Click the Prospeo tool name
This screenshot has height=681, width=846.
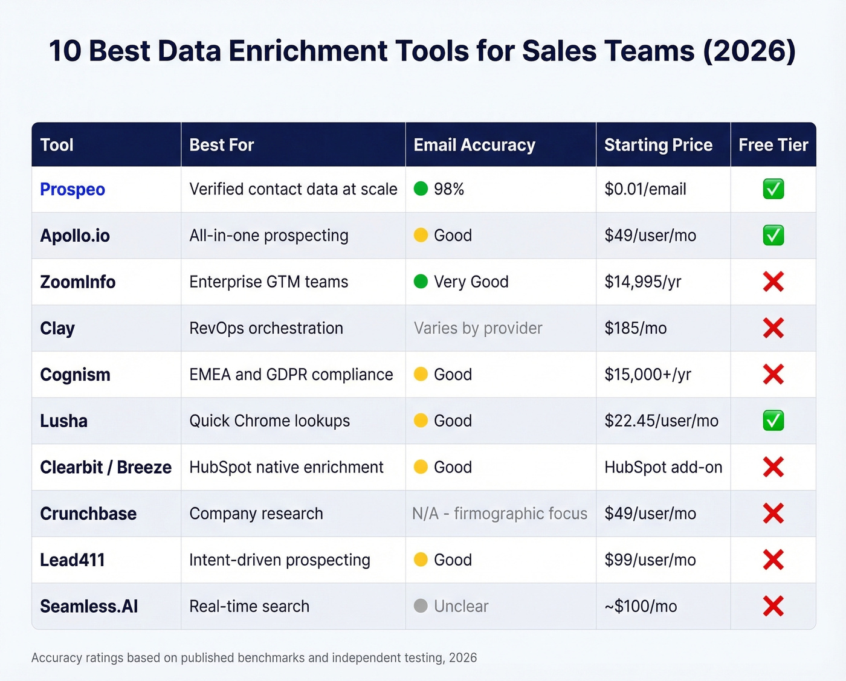pyautogui.click(x=73, y=189)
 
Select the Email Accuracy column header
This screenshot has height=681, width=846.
pyautogui.click(x=474, y=145)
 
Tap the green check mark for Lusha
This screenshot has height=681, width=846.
pyautogui.click(x=773, y=421)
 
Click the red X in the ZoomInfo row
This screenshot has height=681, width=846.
pyautogui.click(x=773, y=282)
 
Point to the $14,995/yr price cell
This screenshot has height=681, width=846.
pyautogui.click(x=642, y=282)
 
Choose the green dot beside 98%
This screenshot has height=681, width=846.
pyautogui.click(x=421, y=189)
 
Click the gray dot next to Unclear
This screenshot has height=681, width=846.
pyautogui.click(x=421, y=606)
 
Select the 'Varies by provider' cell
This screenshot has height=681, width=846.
pyautogui.click(x=478, y=328)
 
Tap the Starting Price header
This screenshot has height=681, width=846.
pyautogui.click(x=658, y=145)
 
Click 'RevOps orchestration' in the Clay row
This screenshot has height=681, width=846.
pyautogui.click(x=266, y=328)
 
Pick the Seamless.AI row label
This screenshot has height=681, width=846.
pyautogui.click(x=89, y=606)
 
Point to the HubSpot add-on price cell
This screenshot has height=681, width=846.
pyautogui.click(x=663, y=467)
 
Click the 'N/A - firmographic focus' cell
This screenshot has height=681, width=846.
pyautogui.click(x=500, y=514)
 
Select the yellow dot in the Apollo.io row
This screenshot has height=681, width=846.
pyautogui.click(x=421, y=236)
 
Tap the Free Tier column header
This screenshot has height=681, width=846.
pyautogui.click(x=773, y=145)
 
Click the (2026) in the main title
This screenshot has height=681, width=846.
pyautogui.click(x=749, y=51)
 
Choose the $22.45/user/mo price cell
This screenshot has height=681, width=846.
pyautogui.click(x=661, y=421)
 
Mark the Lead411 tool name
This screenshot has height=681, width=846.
pyautogui.click(x=73, y=560)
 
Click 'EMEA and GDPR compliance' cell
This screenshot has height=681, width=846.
pyautogui.click(x=291, y=375)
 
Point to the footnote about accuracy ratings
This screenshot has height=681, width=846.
pyautogui.click(x=254, y=657)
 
